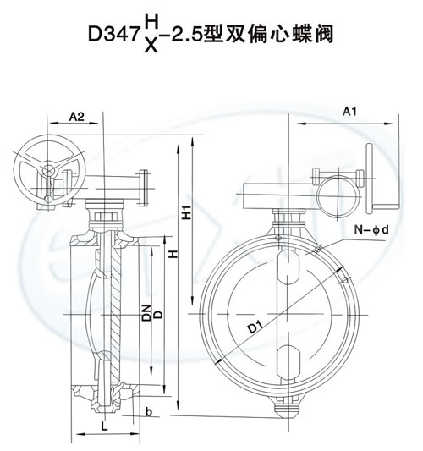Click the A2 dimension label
pos(77,117)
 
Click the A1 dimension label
pos(349,111)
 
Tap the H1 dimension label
pos(187,212)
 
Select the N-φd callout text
pos(371,230)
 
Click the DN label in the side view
pos(146,312)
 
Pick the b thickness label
pos(149,412)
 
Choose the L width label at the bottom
pos(104,426)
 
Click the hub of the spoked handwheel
pos(49,170)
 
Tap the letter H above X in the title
pos(151,22)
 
